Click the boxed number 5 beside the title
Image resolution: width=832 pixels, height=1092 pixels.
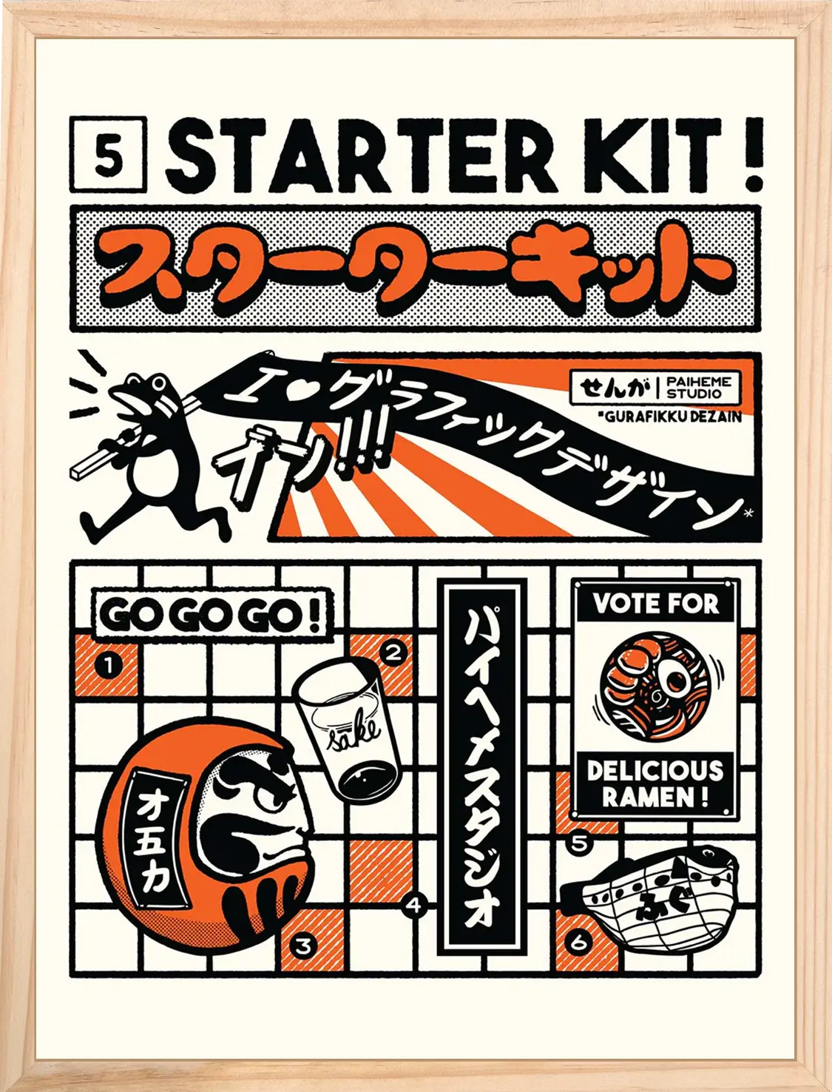point(109,154)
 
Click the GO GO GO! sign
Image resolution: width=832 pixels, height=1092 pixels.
point(212,614)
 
